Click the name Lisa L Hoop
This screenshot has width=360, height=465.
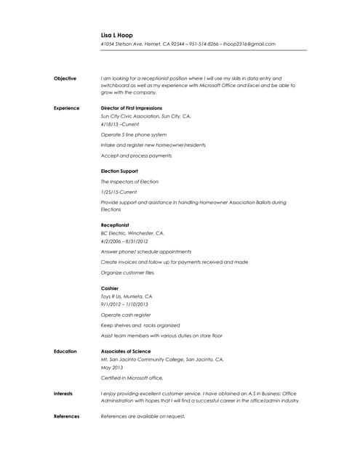[x=117, y=34]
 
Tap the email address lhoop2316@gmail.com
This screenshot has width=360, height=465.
[x=249, y=44]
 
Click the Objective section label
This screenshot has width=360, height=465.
[x=65, y=78]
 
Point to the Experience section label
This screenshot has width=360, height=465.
[x=66, y=108]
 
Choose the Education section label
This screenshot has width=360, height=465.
[x=65, y=351]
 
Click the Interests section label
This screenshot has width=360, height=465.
[x=63, y=393]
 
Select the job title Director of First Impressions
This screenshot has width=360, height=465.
[x=132, y=108]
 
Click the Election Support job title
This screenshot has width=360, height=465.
[x=119, y=171]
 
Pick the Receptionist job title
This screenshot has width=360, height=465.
[x=115, y=225]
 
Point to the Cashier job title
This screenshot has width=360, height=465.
[x=109, y=288]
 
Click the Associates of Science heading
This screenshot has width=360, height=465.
[x=126, y=351]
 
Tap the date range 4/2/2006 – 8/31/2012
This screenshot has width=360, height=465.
[x=124, y=240]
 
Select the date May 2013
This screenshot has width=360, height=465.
[x=111, y=367]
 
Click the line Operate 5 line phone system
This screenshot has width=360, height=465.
[x=133, y=134]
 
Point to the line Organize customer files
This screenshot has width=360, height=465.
[x=127, y=272]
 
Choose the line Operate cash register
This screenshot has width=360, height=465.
[x=126, y=315]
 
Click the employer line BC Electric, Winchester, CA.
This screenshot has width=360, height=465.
[x=132, y=233]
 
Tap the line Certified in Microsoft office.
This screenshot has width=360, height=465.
[x=132, y=378]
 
